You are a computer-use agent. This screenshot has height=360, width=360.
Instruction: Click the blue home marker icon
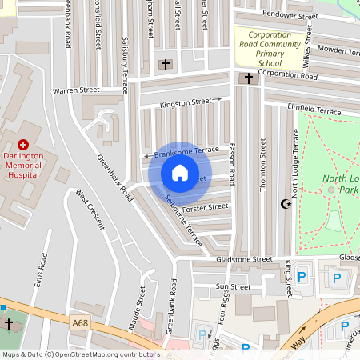coord(180,173)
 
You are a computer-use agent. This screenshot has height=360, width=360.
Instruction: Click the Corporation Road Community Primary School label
coord(270,48)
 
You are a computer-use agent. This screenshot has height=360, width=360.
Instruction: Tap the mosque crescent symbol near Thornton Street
coord(284,204)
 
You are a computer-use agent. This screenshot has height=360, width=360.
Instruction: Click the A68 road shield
coord(79,322)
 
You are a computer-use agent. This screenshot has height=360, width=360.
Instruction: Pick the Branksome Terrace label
coord(186,151)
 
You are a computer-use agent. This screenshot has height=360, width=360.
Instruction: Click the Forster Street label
coord(206,207)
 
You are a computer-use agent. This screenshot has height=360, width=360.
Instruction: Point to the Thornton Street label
coord(262,164)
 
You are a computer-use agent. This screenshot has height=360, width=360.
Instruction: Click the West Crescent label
coord(90,209)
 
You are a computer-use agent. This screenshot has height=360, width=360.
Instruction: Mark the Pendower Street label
coord(285,15)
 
